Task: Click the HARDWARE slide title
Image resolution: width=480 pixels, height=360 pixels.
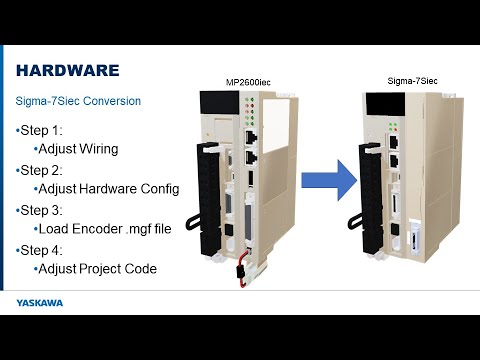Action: pos(68,70)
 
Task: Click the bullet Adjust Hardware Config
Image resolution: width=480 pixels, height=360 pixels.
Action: pos(107,189)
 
